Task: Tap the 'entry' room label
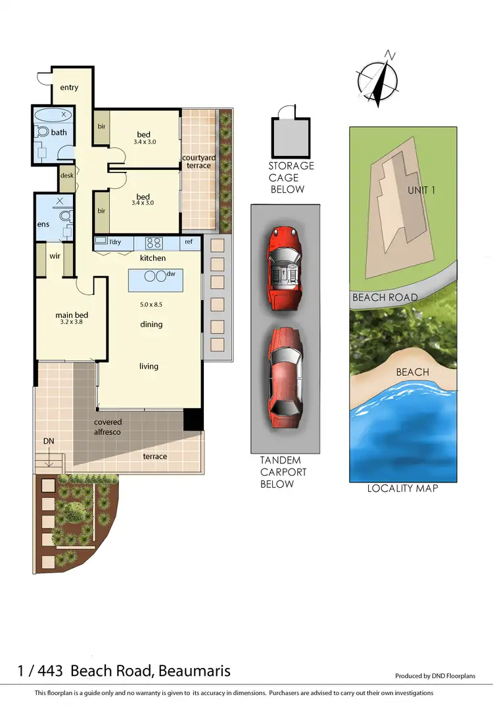[x=69, y=88]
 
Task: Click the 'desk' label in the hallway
[x=66, y=176]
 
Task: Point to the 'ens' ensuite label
[x=43, y=224]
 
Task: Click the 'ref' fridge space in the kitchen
[x=189, y=242]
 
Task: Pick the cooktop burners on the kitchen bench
[x=153, y=242]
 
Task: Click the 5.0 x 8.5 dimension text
[x=151, y=305]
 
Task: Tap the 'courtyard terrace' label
[x=197, y=161]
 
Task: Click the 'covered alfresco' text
[x=108, y=427]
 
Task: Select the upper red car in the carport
[x=285, y=267]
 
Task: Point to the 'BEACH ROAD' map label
[x=385, y=297]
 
